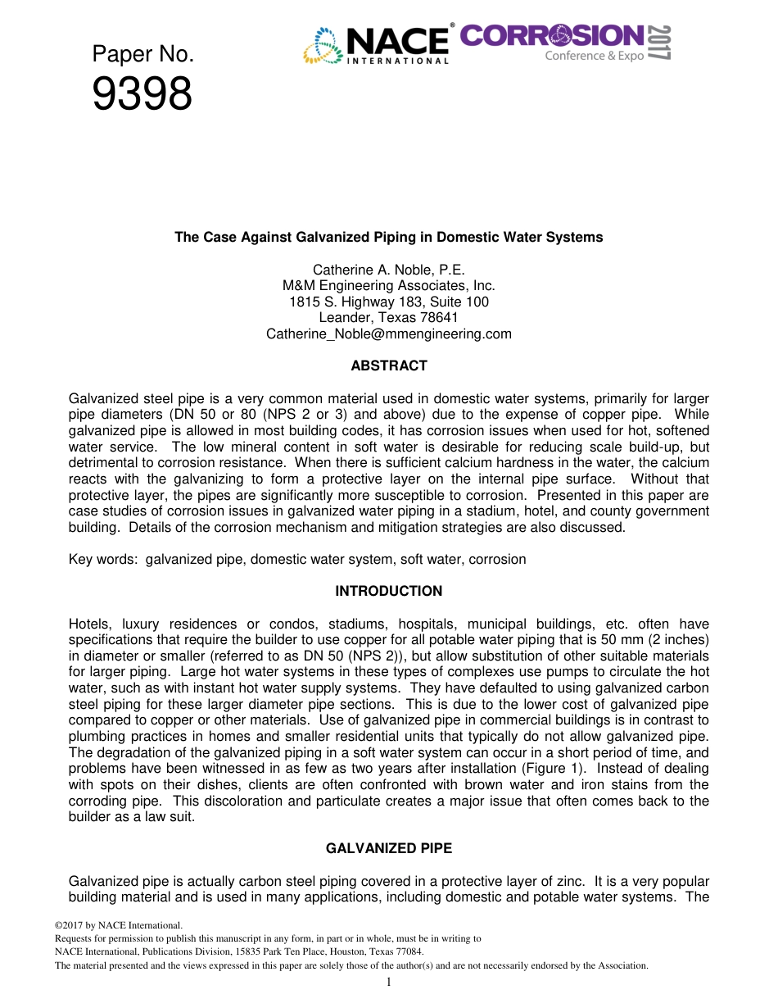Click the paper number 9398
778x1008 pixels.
tap(142, 94)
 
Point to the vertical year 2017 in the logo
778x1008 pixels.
tap(660, 43)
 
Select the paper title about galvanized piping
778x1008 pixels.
tap(388, 238)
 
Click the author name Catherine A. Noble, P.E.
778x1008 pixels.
tap(388, 270)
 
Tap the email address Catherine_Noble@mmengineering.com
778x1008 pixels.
tap(388, 334)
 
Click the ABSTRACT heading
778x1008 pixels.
tap(388, 366)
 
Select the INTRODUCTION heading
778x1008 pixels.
tap(388, 591)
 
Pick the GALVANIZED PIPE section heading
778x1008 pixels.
tap(388, 848)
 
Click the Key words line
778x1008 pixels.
tap(297, 559)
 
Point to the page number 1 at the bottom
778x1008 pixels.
tap(388, 982)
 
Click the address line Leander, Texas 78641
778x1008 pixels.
tap(388, 317)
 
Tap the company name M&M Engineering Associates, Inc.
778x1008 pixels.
tap(388, 286)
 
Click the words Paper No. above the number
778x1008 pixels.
tap(142, 54)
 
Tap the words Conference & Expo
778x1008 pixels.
tap(595, 56)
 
